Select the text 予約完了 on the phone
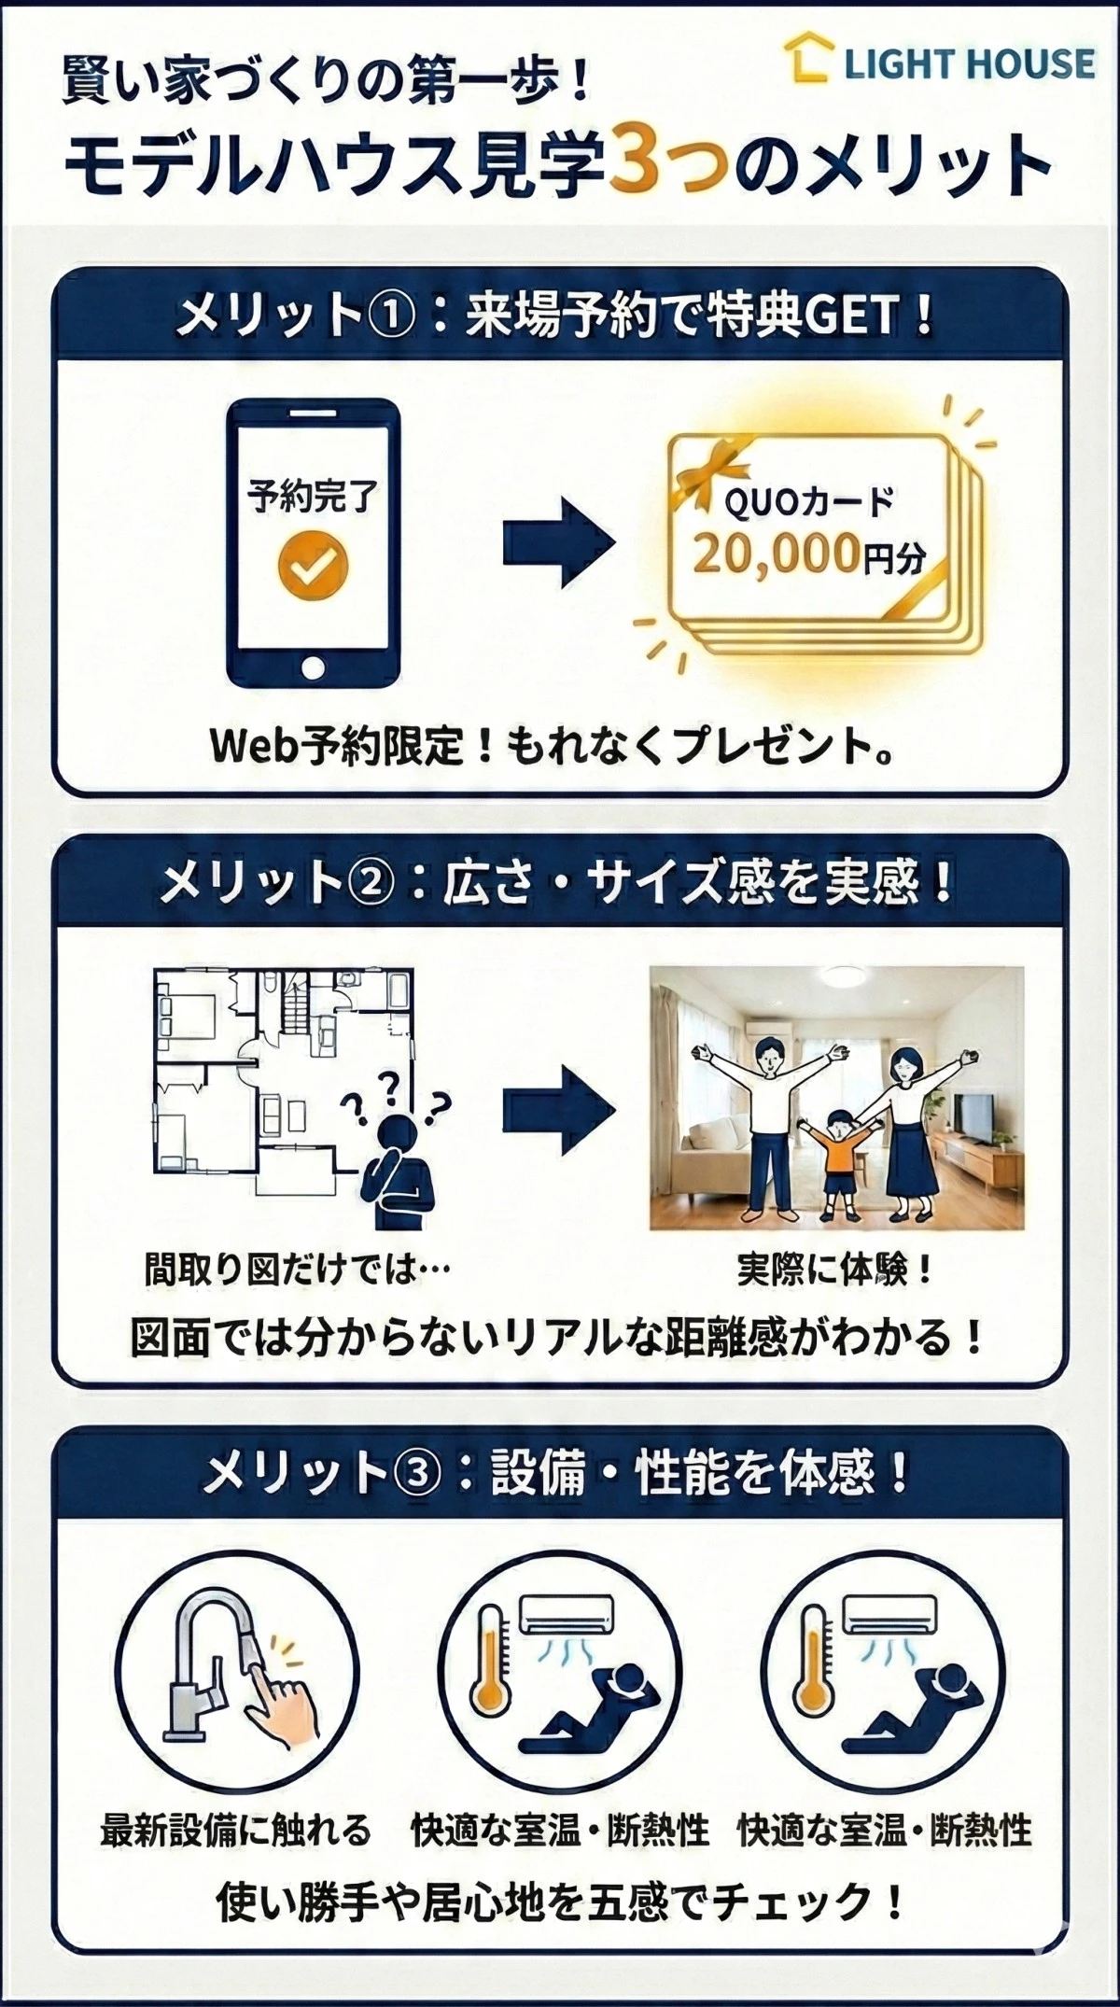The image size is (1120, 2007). (313, 497)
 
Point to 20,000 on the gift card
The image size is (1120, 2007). (775, 554)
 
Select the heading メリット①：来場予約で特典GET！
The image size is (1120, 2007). (558, 317)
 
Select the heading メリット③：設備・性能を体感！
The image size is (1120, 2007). (558, 1475)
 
